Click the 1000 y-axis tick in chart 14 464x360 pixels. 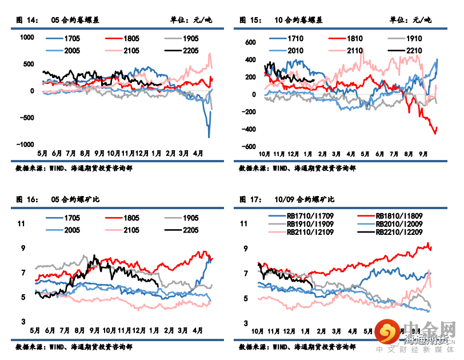point(27,38)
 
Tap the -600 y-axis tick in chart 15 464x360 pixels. point(248,147)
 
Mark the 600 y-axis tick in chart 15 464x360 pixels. point(250,42)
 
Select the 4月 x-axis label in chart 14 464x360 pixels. point(198,154)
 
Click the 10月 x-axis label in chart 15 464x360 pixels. point(265,154)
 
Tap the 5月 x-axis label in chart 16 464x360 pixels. point(35,331)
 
